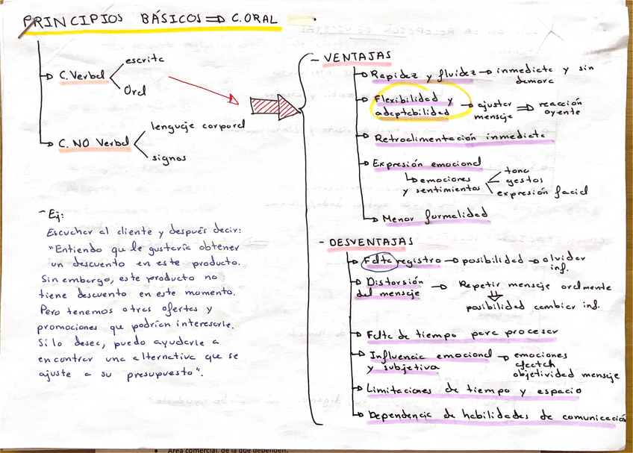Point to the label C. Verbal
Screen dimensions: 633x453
click(82, 76)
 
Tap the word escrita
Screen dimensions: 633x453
click(145, 57)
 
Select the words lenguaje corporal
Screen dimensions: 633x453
click(197, 126)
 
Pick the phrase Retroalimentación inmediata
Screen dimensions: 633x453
click(459, 137)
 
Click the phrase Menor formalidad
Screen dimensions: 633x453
click(434, 217)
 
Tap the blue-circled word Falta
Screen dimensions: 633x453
click(374, 260)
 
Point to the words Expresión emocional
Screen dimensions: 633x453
click(426, 163)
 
